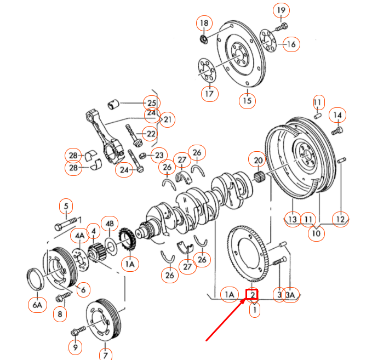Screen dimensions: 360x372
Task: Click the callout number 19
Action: [x=280, y=10]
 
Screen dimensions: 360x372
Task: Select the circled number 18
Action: [x=204, y=23]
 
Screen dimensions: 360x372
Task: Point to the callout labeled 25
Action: [x=151, y=102]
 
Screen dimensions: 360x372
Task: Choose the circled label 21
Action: [x=168, y=119]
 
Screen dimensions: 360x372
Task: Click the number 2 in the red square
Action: [x=253, y=295]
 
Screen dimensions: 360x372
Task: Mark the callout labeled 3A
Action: [x=291, y=295]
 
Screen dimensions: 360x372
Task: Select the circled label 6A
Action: [x=37, y=305]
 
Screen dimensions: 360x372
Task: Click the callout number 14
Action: [x=337, y=115]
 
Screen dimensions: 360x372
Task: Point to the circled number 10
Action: [x=316, y=233]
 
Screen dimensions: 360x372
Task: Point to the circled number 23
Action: [x=159, y=156]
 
